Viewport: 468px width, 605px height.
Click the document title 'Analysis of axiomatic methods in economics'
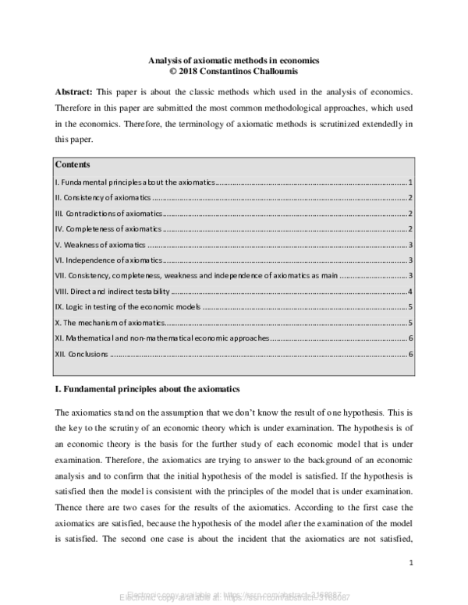click(235, 59)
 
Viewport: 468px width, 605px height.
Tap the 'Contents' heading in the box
click(73, 165)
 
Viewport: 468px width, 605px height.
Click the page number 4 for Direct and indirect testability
click(410, 292)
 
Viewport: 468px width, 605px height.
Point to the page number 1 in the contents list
click(410, 181)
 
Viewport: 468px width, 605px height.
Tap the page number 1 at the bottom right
click(410, 561)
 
